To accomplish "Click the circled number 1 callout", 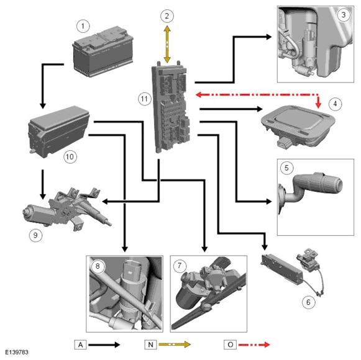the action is click(83, 26).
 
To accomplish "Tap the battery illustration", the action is click(103, 52).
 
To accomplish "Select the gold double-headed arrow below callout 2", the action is click(167, 44).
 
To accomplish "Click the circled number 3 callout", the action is click(344, 15).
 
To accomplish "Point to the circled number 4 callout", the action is click(335, 104).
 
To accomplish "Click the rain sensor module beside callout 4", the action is click(298, 125).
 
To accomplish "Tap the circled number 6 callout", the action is click(308, 302).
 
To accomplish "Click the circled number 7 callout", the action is click(180, 266).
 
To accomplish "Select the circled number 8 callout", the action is click(98, 266).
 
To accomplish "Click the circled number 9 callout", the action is click(35, 235).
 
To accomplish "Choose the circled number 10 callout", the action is click(70, 157).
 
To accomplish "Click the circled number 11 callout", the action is click(144, 99).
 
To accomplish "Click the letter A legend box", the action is click(80, 344).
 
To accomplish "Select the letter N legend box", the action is click(150, 344).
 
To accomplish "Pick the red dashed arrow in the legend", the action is click(254, 344).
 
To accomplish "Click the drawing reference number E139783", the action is click(17, 353).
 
